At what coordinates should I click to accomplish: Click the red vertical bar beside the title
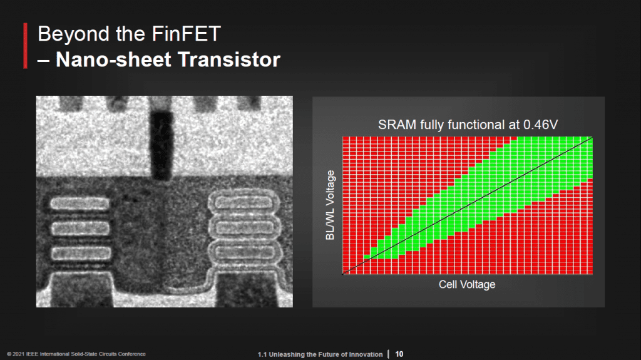25,46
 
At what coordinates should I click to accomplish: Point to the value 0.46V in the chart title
540,125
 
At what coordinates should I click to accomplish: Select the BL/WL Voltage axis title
330,205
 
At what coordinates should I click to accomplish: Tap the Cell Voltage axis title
467,284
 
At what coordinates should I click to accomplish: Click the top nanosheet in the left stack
79,203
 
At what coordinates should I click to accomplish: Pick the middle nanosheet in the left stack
80,228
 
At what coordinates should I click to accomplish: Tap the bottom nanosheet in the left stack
81,253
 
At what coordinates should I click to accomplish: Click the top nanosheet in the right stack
244,202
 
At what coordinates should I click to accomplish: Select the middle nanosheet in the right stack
244,227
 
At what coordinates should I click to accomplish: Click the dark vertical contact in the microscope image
161,145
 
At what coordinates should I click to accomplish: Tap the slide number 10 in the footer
399,354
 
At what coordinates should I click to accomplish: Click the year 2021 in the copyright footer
18,354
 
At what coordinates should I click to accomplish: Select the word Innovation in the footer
366,354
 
